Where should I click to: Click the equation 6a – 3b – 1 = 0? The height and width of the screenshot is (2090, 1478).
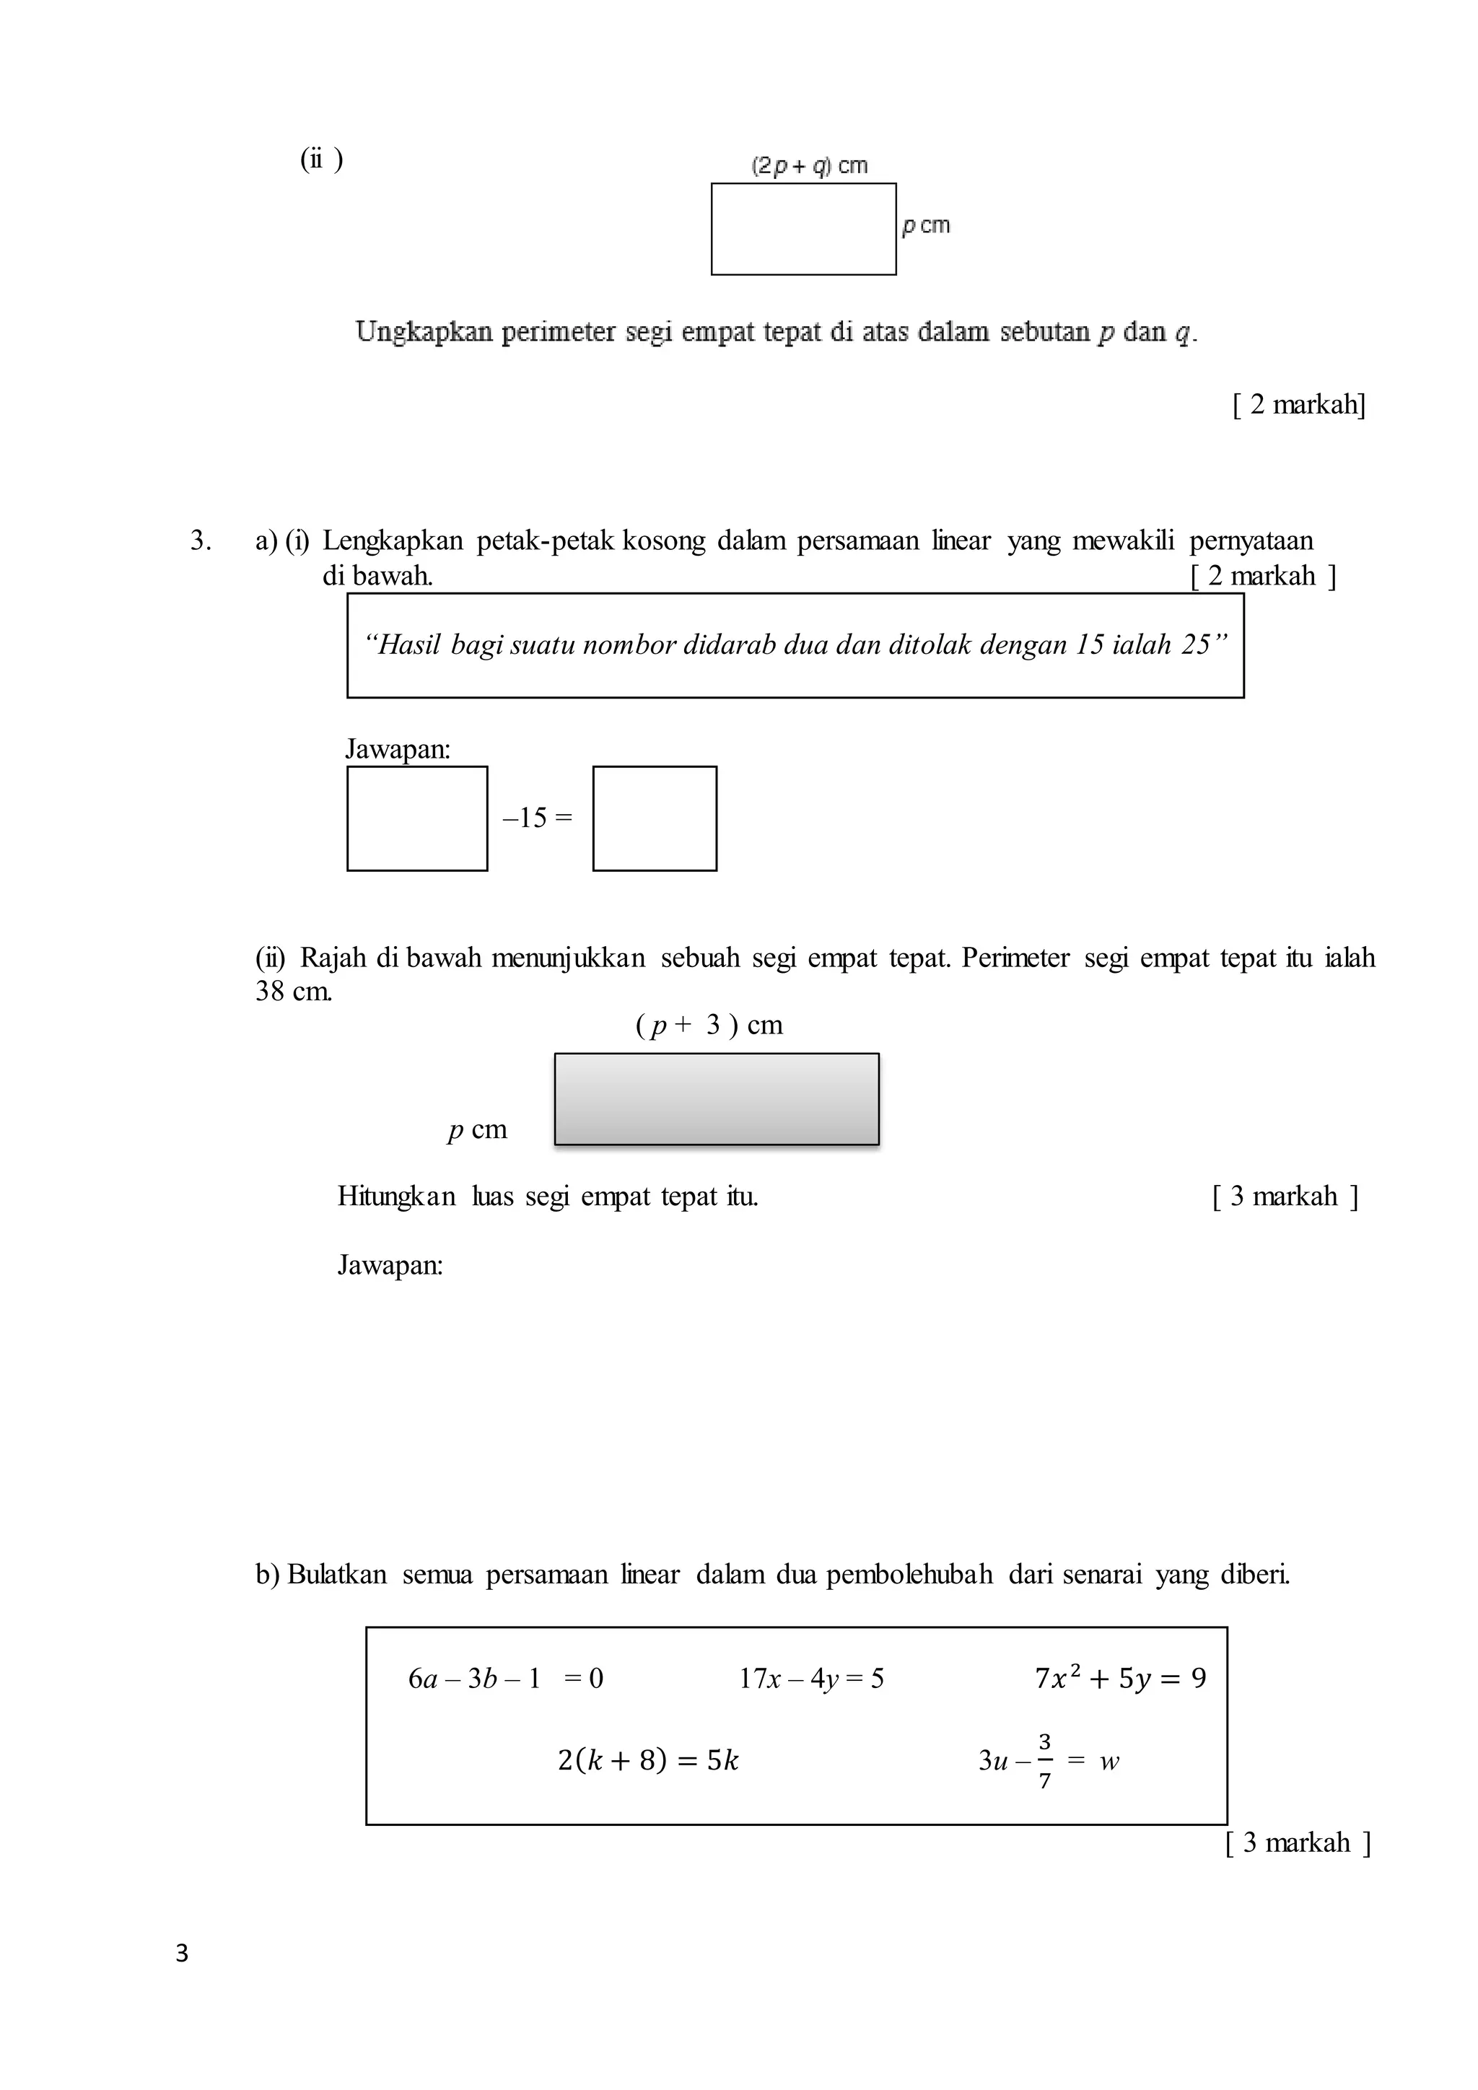pos(506,1679)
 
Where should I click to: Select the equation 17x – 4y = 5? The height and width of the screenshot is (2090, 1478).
pos(811,1679)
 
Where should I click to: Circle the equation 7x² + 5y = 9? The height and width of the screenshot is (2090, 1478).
pos(1120,1678)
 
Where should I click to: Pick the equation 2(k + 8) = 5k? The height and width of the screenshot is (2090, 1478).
pos(648,1760)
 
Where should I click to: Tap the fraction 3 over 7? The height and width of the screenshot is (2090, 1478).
pos(1045,1760)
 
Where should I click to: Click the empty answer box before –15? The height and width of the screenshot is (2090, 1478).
pos(417,818)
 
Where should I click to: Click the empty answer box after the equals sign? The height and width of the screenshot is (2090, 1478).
pos(655,818)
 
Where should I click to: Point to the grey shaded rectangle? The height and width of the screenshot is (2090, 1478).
pos(716,1098)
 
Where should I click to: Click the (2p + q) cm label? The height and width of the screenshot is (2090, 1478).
pos(809,166)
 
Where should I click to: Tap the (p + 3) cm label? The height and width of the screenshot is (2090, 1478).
pos(709,1025)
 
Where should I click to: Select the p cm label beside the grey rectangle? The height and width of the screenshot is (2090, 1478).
pos(477,1129)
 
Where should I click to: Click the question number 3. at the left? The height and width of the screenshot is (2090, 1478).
pos(200,541)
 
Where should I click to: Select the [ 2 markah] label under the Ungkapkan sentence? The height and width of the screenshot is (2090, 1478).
pos(1299,404)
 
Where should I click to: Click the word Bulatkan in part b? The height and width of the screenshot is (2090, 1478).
pos(337,1574)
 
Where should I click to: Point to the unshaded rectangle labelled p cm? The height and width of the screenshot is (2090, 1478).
pos(804,229)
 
